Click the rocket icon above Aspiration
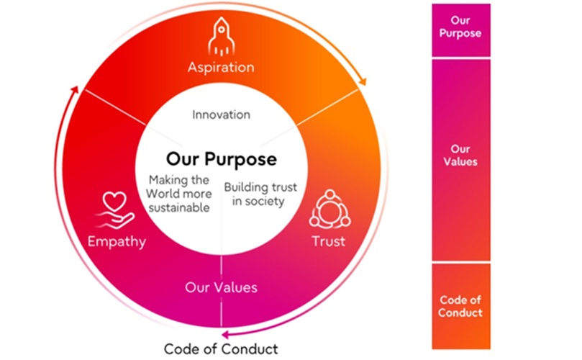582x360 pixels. pos(221,38)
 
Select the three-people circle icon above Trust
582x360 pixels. pos(328,210)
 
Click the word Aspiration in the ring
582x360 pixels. pos(221,68)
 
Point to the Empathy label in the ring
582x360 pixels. pos(116,240)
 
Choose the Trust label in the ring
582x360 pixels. pos(328,240)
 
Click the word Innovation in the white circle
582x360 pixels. pos(222,114)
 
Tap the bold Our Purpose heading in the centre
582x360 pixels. pos(222,158)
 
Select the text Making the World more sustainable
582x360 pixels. pos(179,194)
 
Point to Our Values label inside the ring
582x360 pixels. pos(221,287)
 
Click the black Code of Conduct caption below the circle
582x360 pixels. pos(221,349)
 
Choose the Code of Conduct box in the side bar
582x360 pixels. pos(460,306)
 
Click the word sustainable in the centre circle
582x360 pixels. pos(179,208)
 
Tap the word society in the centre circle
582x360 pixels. pos(268,201)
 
